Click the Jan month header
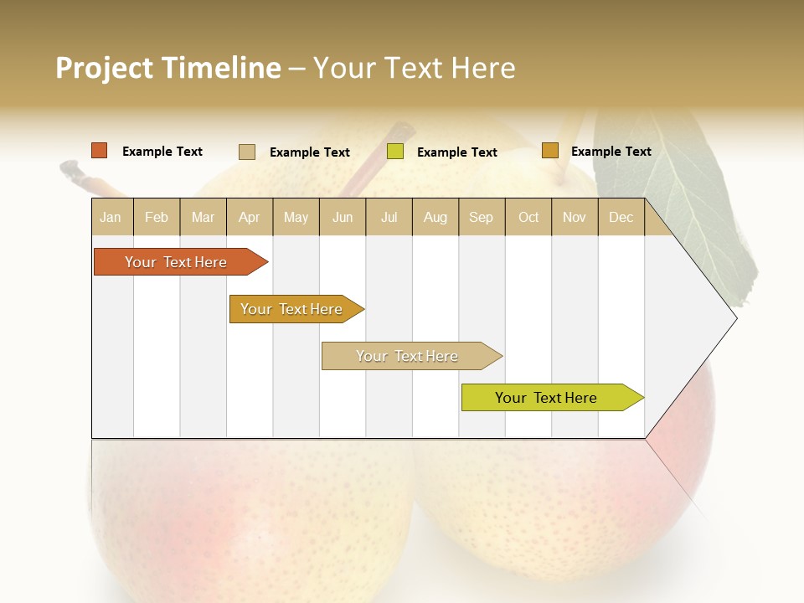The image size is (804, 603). (x=111, y=217)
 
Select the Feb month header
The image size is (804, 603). (x=157, y=217)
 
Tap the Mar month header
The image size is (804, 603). (x=203, y=217)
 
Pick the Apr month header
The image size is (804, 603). (x=250, y=217)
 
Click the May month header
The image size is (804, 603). (x=296, y=217)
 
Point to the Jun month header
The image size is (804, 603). (x=343, y=217)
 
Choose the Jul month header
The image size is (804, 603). (x=389, y=217)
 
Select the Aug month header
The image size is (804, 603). (x=435, y=217)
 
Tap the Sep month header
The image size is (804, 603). (x=482, y=217)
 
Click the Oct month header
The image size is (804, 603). (x=528, y=217)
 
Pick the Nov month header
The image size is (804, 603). (x=575, y=217)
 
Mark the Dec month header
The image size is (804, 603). (x=621, y=217)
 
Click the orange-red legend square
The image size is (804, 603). (x=100, y=151)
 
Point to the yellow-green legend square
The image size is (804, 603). (x=395, y=152)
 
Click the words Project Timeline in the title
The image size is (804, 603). (x=168, y=68)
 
